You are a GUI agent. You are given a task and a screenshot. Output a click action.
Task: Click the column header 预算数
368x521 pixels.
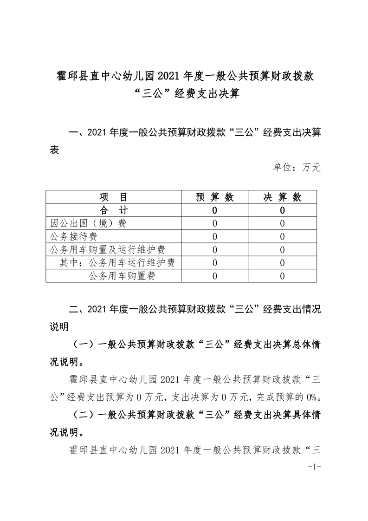pos(214,197)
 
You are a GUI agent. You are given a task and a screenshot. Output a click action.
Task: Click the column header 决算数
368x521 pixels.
pos(283,197)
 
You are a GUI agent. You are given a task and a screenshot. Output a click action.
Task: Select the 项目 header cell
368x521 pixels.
pos(113,197)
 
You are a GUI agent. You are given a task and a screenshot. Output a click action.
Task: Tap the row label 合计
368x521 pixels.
pos(113,210)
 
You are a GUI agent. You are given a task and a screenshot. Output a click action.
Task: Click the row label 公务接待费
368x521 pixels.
pos(74,237)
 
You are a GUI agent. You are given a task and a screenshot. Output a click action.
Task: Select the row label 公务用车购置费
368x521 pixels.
pos(122,277)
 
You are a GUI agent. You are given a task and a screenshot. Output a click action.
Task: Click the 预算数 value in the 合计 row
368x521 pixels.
pos(214,210)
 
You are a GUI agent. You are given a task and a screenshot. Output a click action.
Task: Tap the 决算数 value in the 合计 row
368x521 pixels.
pos(283,210)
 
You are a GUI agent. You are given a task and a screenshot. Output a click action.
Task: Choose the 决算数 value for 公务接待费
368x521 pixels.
pos(283,237)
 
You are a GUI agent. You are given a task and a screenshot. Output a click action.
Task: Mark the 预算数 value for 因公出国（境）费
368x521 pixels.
pos(214,223)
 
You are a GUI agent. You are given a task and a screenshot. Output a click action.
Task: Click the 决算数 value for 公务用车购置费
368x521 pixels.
pos(283,277)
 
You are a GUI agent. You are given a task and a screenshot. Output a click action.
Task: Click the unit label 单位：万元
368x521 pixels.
pos(297,167)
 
